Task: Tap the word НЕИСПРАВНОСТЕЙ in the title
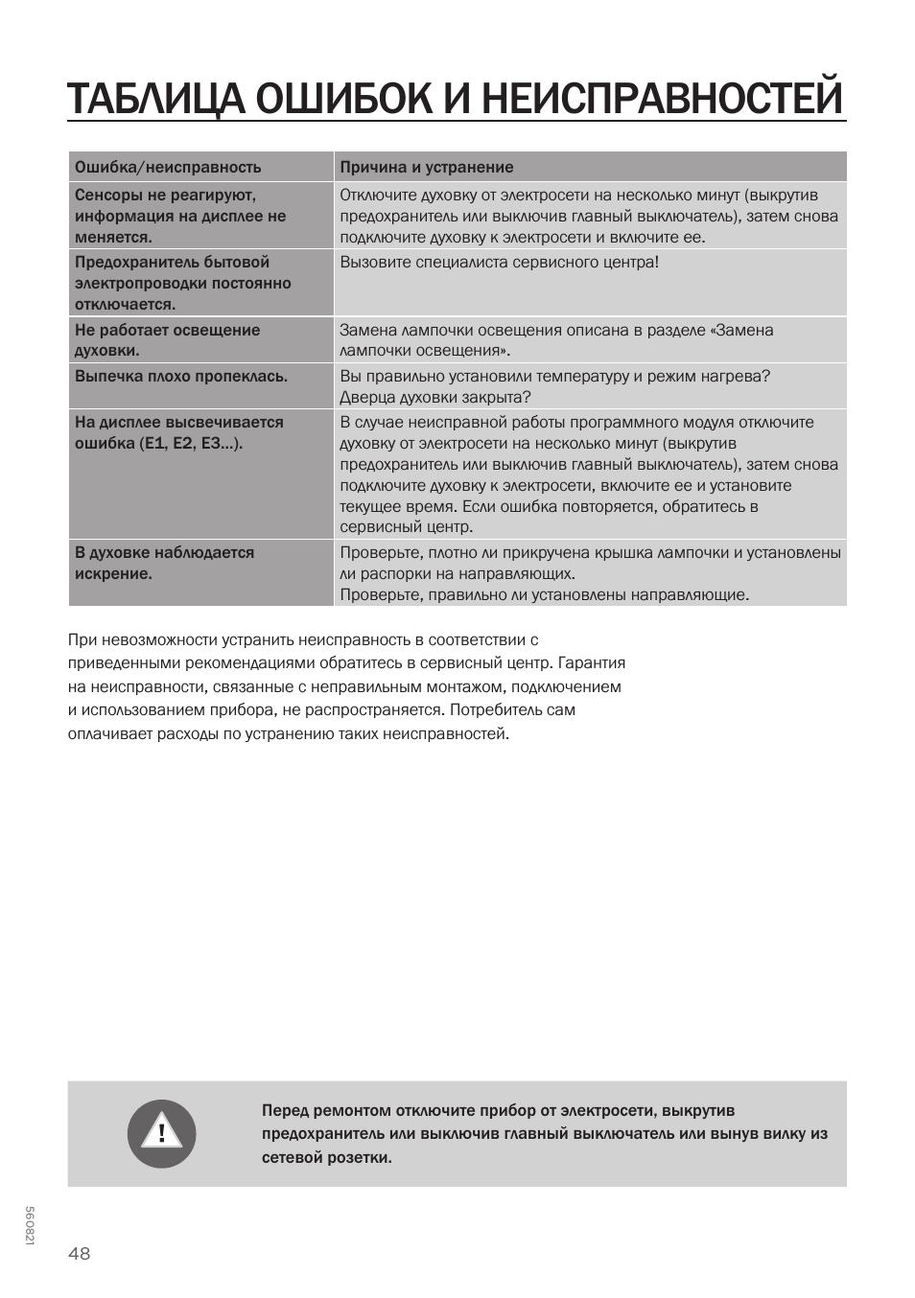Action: coord(662,99)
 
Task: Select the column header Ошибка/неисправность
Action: coord(168,167)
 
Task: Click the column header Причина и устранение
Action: coord(426,167)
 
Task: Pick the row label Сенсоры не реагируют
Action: coord(165,196)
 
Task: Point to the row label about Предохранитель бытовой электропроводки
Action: coord(182,283)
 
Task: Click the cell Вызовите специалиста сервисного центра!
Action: coord(499,262)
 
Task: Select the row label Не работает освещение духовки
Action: coord(167,339)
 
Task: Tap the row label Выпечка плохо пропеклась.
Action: coord(181,376)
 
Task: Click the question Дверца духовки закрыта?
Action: coord(434,397)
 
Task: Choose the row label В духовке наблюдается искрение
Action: coord(164,563)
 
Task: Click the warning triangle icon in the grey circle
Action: coord(161,1133)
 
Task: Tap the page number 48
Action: coord(80,1253)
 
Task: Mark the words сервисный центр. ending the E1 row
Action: coord(406,526)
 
